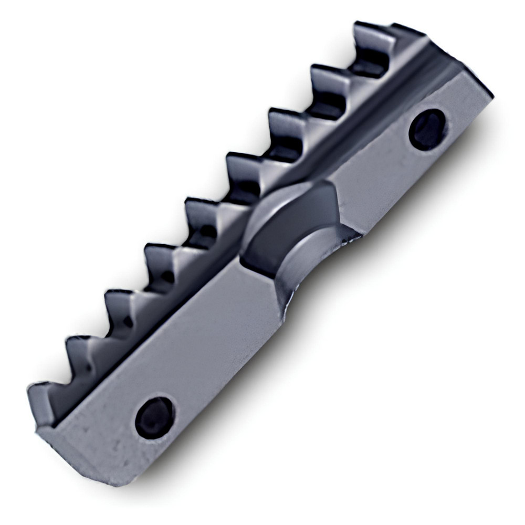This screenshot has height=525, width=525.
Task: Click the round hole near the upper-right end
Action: point(427,130)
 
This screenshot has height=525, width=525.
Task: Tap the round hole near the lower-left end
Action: point(154,417)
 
